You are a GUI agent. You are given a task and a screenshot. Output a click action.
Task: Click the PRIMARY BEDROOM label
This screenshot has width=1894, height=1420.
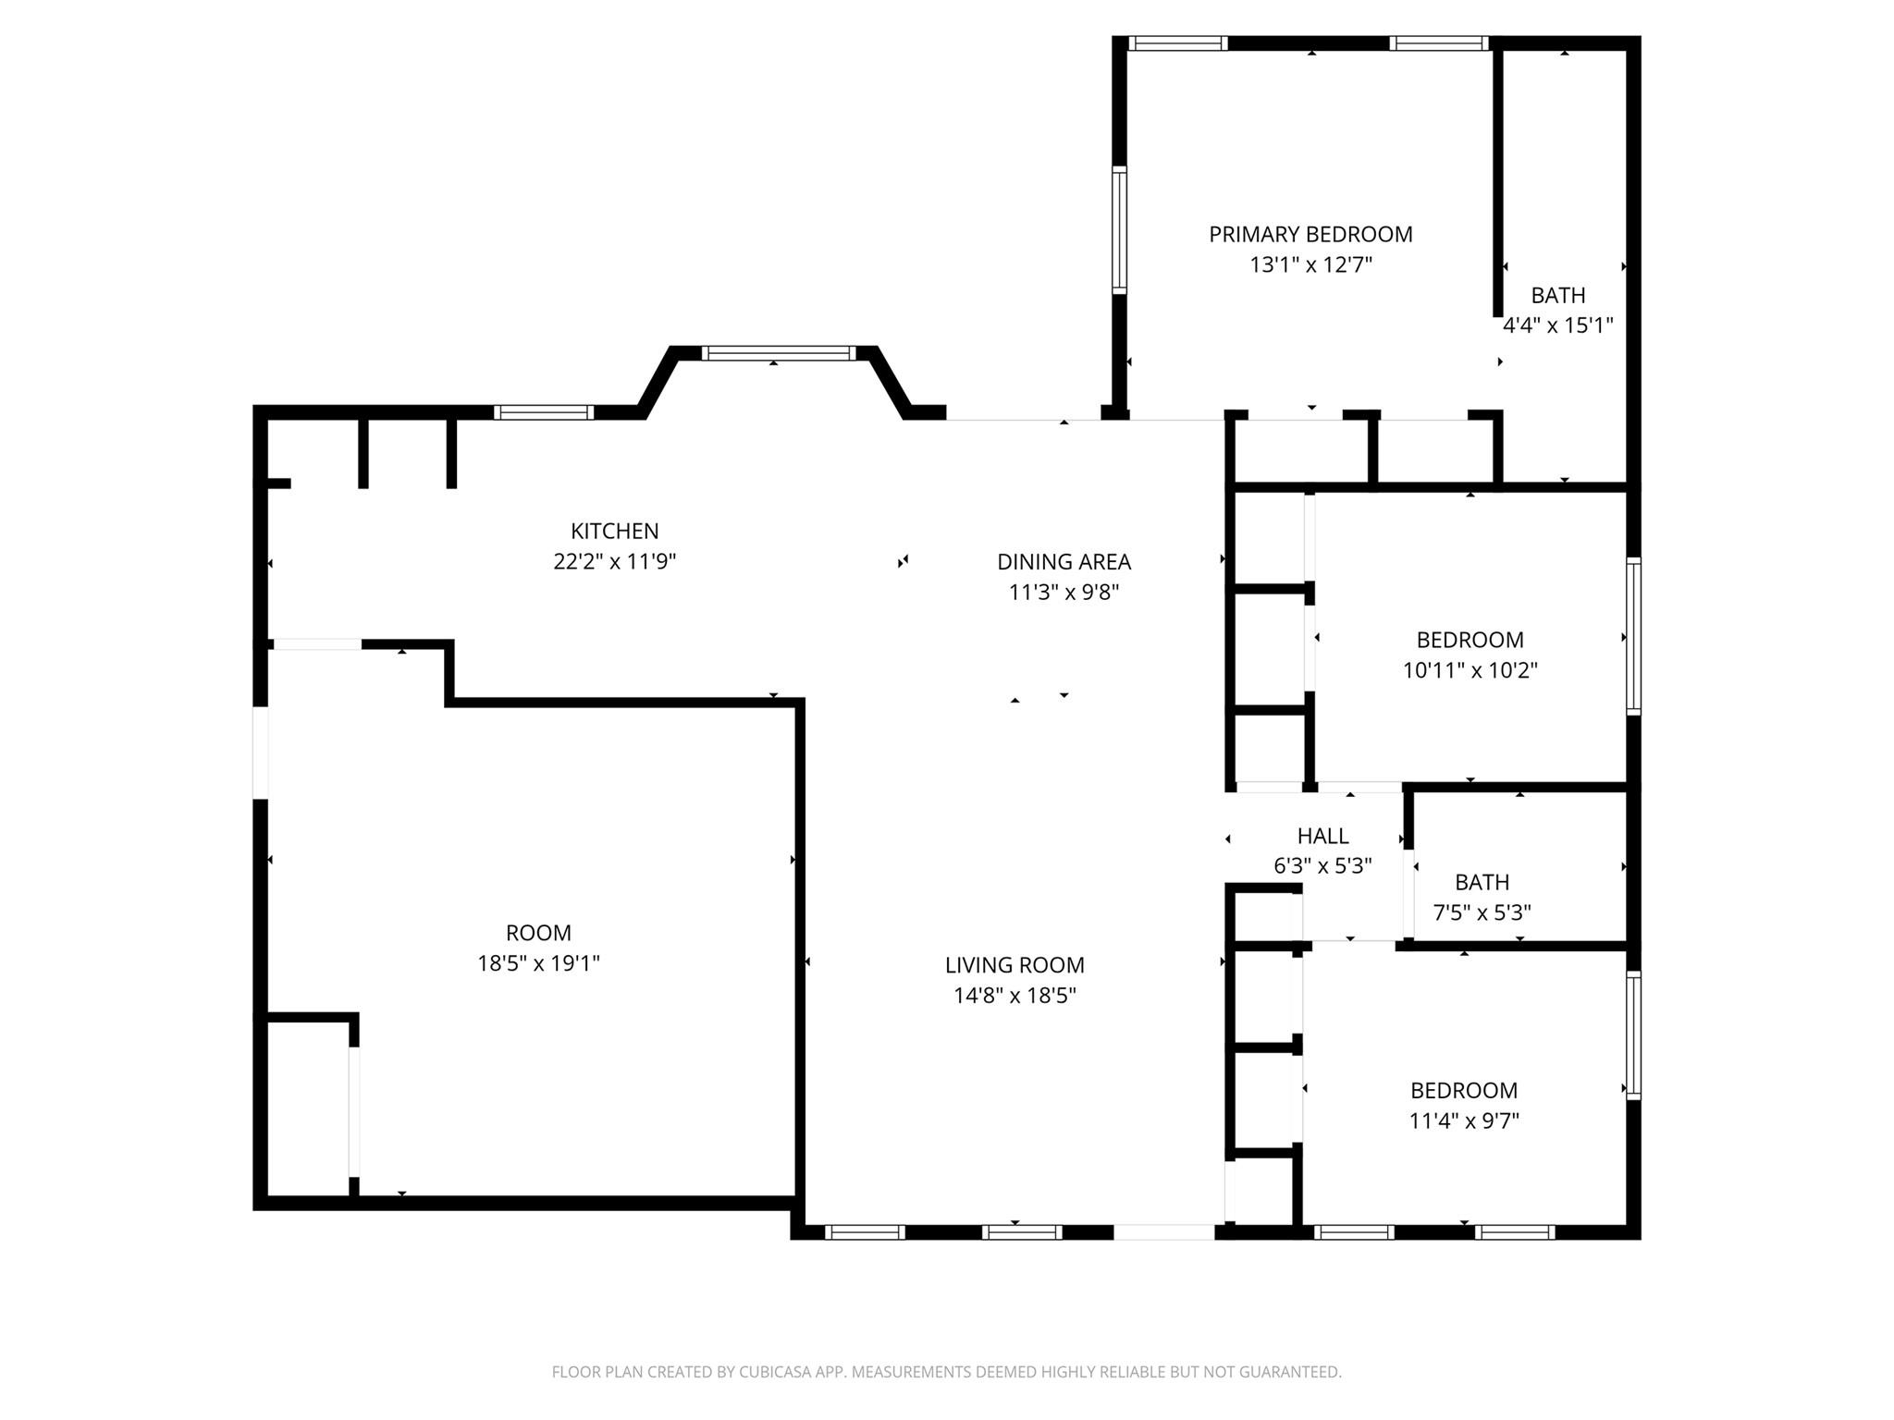[1310, 235]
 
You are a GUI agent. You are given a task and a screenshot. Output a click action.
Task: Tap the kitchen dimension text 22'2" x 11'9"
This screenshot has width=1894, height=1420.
[615, 562]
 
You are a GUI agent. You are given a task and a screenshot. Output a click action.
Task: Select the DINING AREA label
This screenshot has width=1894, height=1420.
[1064, 562]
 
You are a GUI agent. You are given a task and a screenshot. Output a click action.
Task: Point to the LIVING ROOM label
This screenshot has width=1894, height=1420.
[1015, 965]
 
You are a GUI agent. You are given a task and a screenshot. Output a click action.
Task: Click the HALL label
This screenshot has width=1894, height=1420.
[1322, 837]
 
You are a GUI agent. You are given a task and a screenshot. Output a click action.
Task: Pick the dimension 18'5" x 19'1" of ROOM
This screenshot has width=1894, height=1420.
[538, 963]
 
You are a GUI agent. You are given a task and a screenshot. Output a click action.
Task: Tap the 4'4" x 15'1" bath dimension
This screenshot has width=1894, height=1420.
[1558, 325]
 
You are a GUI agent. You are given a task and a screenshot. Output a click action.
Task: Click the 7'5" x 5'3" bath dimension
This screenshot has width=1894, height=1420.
[1482, 913]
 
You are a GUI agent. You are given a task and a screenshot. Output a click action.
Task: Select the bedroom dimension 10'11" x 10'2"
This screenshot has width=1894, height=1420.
[1470, 670]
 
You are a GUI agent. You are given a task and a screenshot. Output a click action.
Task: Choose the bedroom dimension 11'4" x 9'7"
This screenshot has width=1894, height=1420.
[1464, 1121]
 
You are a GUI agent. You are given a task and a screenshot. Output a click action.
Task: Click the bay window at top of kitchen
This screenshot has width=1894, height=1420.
[778, 352]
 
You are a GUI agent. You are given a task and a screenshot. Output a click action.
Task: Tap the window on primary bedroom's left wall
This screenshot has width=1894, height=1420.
[1119, 229]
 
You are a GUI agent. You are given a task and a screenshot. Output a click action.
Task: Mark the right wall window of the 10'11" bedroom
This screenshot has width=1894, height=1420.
[1633, 636]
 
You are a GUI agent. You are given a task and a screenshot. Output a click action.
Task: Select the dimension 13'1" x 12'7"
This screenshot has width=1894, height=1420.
[1310, 265]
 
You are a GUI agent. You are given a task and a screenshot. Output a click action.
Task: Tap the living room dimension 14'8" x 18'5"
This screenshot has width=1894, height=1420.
[1015, 996]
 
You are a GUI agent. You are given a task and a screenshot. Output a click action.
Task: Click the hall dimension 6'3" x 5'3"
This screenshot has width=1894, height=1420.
[1322, 866]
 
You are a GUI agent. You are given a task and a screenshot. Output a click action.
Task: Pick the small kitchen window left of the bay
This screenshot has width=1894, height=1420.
[543, 412]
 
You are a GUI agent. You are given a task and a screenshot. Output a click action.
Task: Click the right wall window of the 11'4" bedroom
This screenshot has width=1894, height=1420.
[1633, 1034]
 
